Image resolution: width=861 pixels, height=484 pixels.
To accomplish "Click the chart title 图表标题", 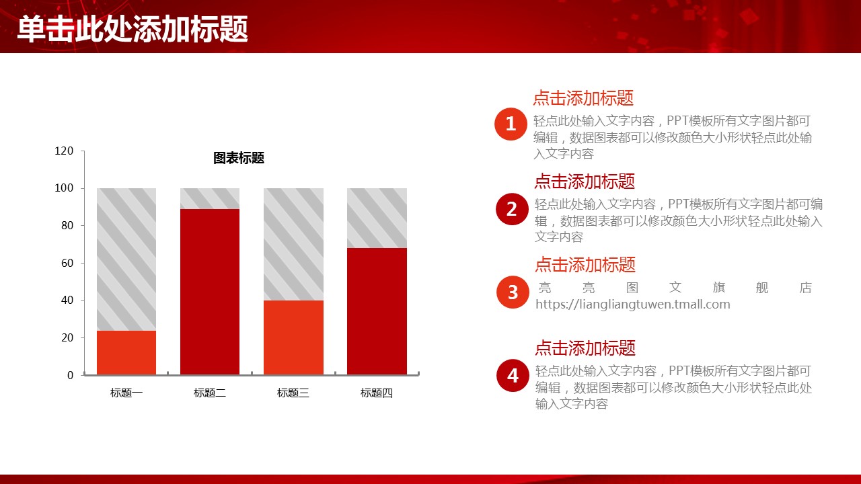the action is pos(239,158).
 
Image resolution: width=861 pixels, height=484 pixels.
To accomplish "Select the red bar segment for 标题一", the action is pos(126,353).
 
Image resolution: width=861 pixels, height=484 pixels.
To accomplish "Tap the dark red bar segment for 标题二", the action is pos(210,292).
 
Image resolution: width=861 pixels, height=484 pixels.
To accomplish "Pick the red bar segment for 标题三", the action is pos(293,337).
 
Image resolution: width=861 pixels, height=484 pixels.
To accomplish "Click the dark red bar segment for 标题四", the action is pos(377,311).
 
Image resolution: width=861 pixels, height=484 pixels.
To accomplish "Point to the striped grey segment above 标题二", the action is pos(210,198).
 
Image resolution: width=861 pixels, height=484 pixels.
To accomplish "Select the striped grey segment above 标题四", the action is pos(377,218).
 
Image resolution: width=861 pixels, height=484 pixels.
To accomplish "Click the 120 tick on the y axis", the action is pos(64,151).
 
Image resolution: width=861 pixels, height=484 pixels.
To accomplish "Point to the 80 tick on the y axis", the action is pos(67,225).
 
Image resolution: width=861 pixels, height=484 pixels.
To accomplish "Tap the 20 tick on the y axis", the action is pos(67,337).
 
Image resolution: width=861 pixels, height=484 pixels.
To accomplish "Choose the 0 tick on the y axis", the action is pos(71,375).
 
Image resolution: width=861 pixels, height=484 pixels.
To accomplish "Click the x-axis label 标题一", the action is pos(126,393).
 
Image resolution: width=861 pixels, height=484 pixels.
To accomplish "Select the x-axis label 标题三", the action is pos(293,393).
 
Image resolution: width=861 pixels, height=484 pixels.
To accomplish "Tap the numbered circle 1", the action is pos(511,124).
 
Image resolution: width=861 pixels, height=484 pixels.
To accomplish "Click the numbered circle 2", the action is pos(512,209).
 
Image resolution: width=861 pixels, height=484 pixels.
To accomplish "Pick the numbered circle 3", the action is pos(513,292).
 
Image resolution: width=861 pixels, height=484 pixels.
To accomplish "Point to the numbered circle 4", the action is pos(513,375).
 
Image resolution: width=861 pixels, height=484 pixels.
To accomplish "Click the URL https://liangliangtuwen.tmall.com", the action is pos(633,305).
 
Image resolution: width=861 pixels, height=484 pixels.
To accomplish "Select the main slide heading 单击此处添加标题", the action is pos(133,29).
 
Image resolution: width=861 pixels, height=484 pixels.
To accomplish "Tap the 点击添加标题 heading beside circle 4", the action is pos(585,348).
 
